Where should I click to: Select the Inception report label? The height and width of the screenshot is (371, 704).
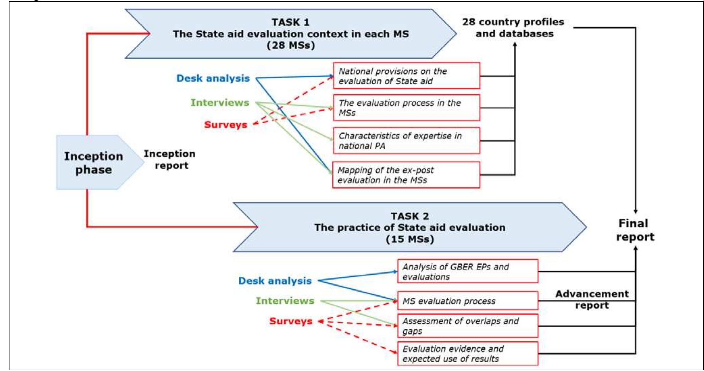(x=170, y=159)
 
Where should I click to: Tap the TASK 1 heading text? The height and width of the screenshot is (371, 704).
(x=291, y=22)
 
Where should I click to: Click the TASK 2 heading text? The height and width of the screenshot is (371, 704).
(x=409, y=216)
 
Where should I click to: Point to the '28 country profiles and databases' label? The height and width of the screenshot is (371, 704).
(x=513, y=28)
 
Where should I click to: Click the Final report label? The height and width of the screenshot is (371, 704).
(x=634, y=230)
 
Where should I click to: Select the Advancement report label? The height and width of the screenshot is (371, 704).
(x=592, y=299)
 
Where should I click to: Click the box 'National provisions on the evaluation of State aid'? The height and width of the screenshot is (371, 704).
(x=406, y=76)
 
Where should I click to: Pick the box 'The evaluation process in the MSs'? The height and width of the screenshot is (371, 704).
(x=406, y=108)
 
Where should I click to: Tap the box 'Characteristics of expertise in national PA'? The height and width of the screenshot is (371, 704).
(x=406, y=141)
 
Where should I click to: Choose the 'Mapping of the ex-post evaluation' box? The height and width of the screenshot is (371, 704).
(x=406, y=175)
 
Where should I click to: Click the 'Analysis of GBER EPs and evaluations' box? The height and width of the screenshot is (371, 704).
(x=468, y=272)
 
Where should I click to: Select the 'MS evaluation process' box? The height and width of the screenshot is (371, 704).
(x=468, y=301)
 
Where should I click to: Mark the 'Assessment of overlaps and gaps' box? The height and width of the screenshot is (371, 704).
(x=468, y=326)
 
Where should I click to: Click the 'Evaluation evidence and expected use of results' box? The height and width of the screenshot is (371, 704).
(x=468, y=354)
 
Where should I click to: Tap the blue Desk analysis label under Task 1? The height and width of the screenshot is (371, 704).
(x=213, y=78)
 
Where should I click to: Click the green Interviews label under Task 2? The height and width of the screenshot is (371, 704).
(x=285, y=301)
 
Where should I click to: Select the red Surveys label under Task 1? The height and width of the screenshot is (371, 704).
(x=226, y=125)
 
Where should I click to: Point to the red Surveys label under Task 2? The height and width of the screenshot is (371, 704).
(x=291, y=321)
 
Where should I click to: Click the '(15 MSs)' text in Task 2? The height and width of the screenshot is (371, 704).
(x=409, y=239)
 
